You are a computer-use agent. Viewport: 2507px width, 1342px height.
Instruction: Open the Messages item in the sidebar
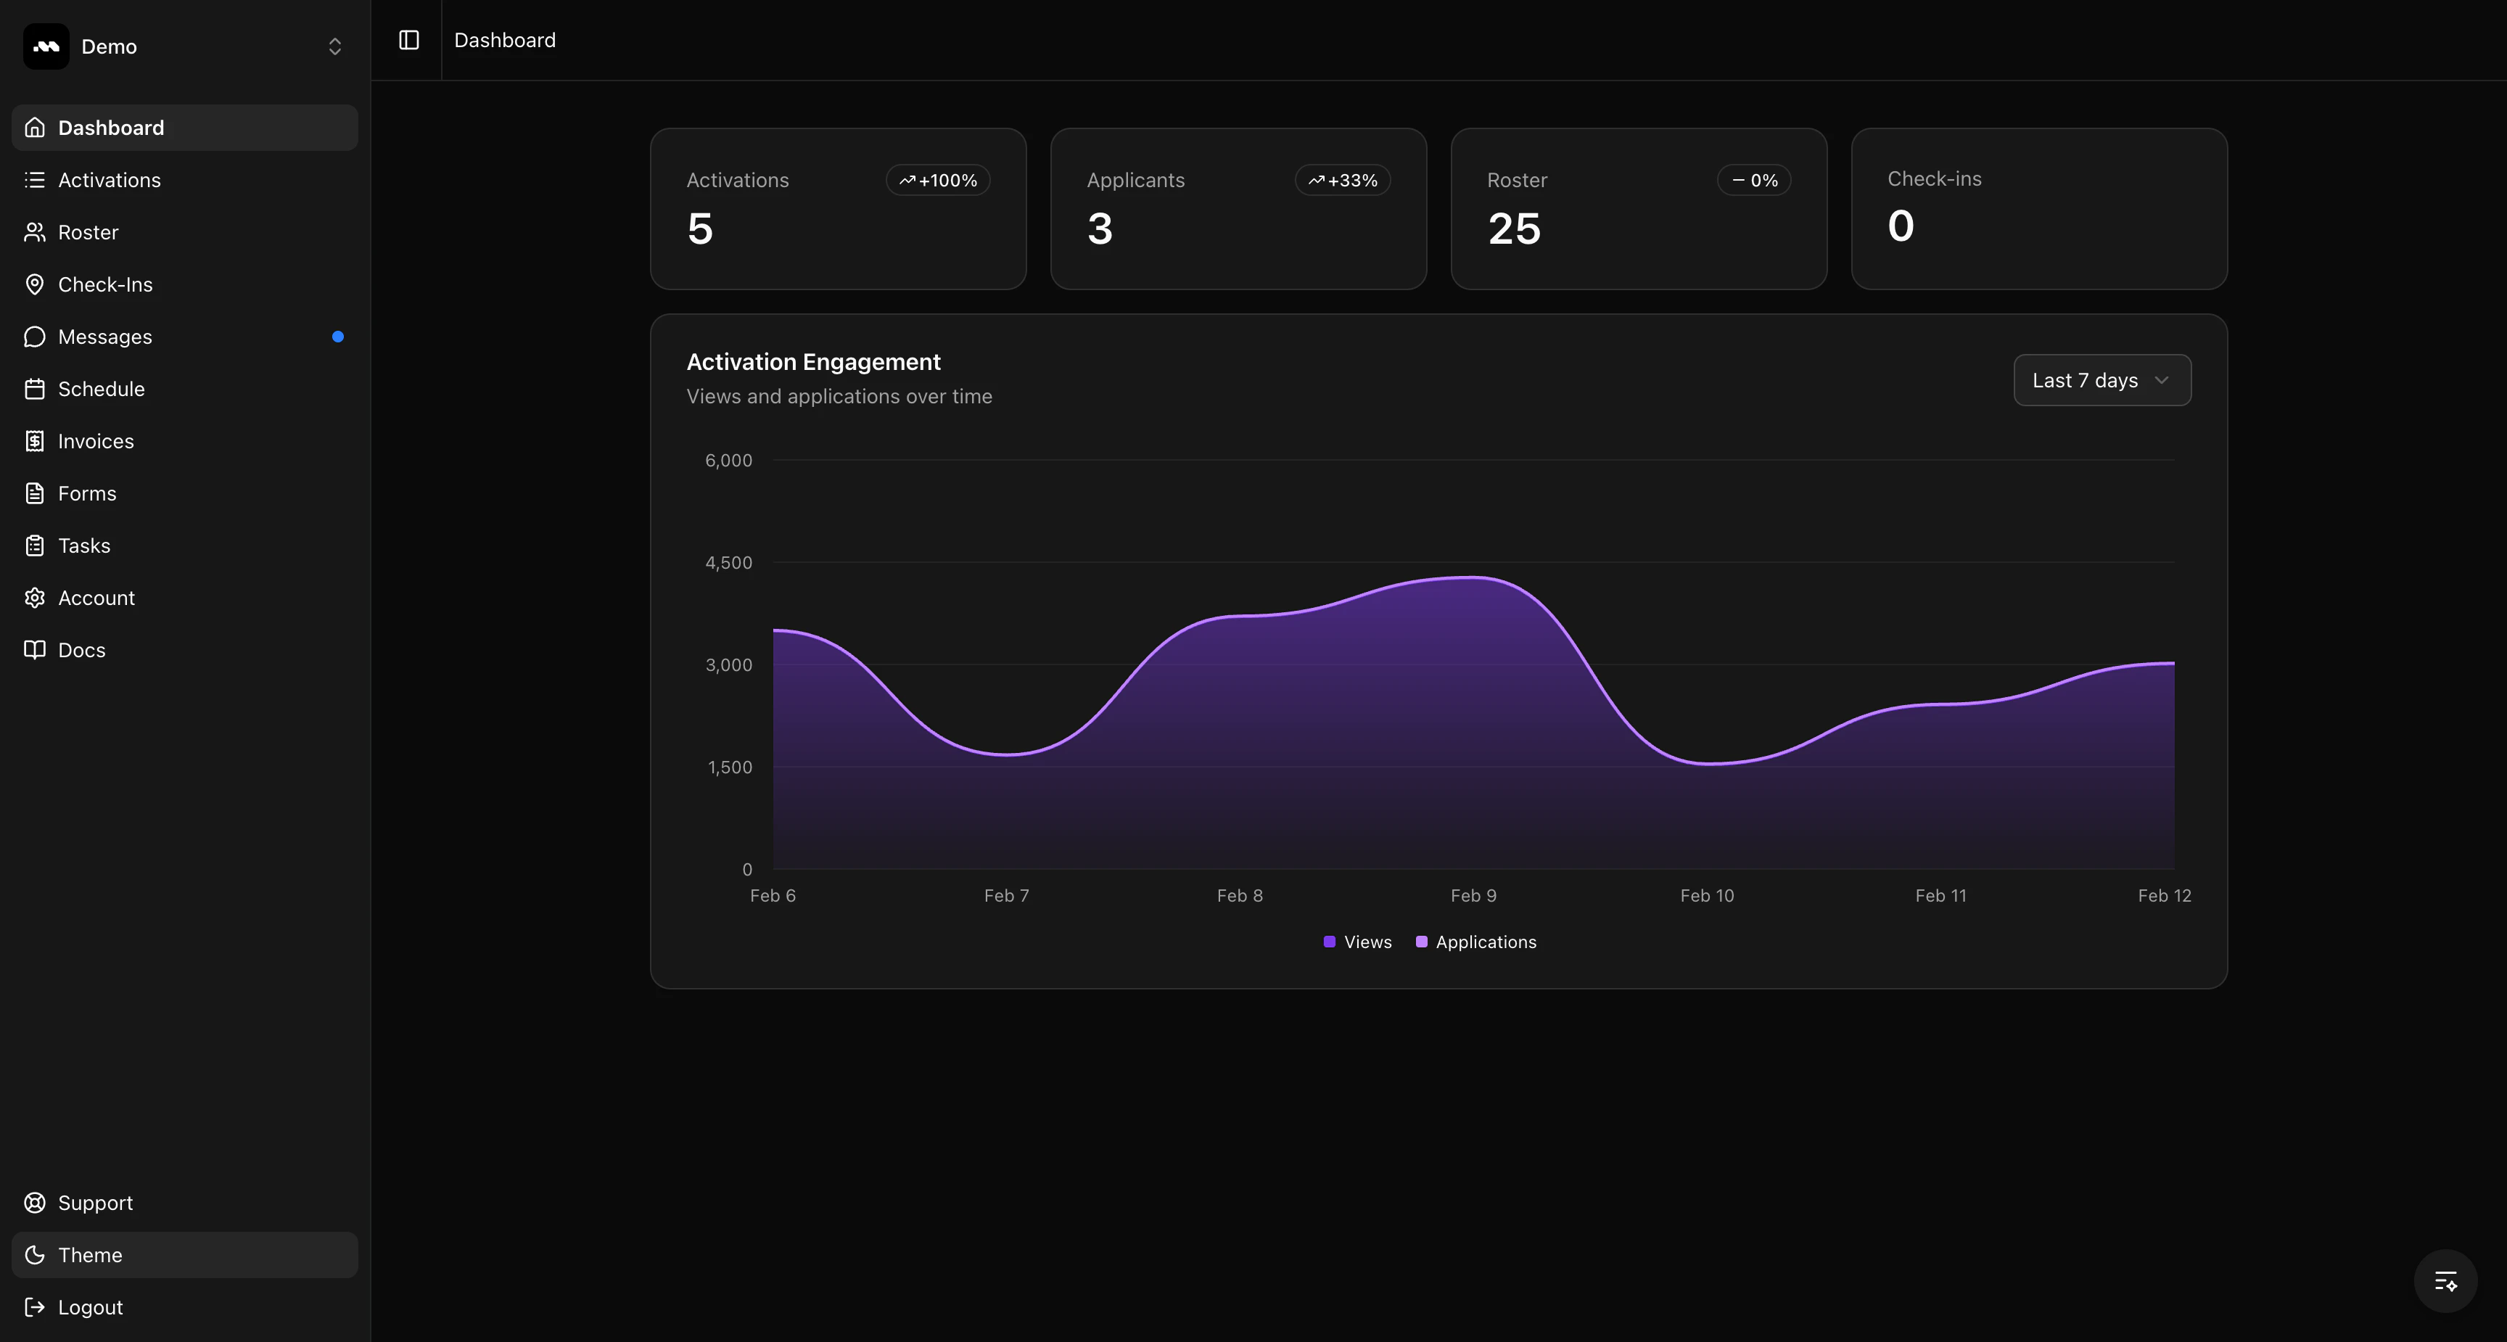[105, 337]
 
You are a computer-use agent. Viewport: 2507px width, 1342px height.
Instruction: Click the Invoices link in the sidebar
[95, 441]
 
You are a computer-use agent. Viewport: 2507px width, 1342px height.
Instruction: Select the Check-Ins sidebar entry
[105, 284]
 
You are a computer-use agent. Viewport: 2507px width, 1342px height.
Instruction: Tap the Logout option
[89, 1307]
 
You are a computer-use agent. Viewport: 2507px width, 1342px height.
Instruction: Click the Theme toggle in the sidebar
[89, 1254]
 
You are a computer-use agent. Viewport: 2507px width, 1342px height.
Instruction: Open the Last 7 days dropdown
[2101, 381]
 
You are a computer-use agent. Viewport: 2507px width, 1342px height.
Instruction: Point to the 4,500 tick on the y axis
[728, 562]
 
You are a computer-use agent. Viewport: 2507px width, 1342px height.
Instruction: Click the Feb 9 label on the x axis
[1473, 895]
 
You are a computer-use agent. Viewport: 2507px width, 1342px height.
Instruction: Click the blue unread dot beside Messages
[338, 337]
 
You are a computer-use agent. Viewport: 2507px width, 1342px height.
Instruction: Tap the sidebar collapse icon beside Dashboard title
[408, 40]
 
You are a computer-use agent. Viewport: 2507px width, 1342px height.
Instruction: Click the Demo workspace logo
[46, 46]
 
